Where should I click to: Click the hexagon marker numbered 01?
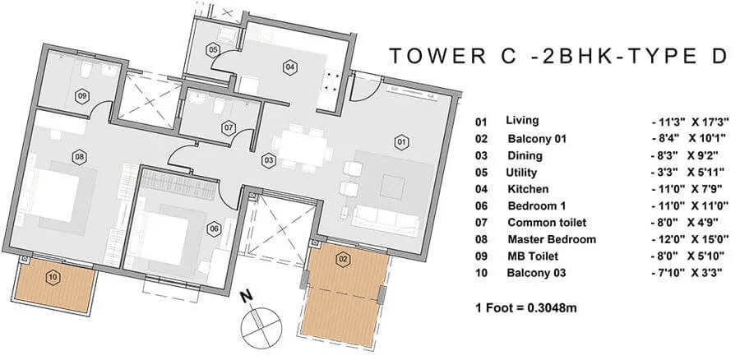click(402, 141)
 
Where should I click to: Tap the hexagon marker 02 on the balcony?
click(343, 258)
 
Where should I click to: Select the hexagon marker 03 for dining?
click(269, 159)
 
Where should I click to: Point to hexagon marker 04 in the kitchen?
click(290, 66)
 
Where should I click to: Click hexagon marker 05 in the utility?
click(213, 50)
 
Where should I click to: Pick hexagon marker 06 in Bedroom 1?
click(214, 228)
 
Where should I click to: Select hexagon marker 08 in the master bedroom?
click(80, 156)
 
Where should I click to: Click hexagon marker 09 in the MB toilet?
click(82, 95)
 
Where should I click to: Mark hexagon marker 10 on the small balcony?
click(53, 277)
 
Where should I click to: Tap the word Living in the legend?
click(523, 120)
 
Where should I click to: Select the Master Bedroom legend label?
click(551, 240)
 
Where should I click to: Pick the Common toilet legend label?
click(546, 223)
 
